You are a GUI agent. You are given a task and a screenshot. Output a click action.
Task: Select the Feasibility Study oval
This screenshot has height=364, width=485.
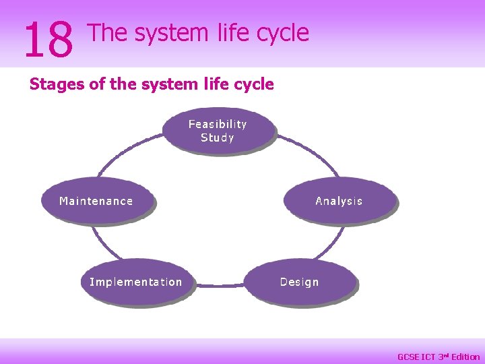[218, 131]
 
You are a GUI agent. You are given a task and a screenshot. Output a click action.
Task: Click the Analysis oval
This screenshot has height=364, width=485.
[339, 201]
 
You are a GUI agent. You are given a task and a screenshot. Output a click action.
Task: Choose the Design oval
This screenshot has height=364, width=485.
[300, 282]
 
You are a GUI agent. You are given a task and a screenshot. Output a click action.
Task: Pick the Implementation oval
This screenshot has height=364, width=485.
[136, 282]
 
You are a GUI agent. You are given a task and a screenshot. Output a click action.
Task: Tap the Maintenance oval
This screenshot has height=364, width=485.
[96, 201]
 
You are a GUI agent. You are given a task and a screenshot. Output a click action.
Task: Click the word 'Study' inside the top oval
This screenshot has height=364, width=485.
[218, 138]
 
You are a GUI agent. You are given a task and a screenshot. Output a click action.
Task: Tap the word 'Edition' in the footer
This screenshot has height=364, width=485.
[465, 357]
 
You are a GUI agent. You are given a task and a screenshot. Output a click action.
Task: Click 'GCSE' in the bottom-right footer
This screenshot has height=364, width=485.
[408, 357]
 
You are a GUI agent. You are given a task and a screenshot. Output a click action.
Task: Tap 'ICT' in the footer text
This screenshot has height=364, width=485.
[429, 357]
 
